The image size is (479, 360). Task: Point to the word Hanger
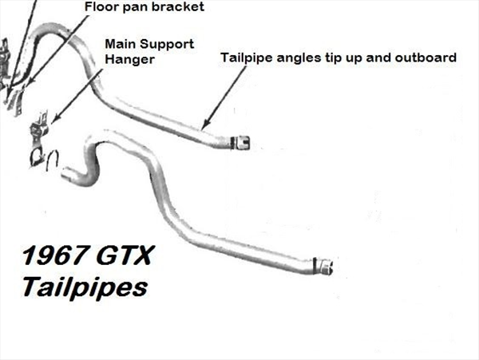click(129, 60)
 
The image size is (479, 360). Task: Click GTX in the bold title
click(125, 255)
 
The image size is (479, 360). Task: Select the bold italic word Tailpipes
click(85, 287)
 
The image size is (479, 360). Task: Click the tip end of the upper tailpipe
click(246, 143)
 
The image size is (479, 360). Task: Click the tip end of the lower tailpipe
click(329, 267)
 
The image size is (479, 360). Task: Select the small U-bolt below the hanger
click(53, 160)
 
